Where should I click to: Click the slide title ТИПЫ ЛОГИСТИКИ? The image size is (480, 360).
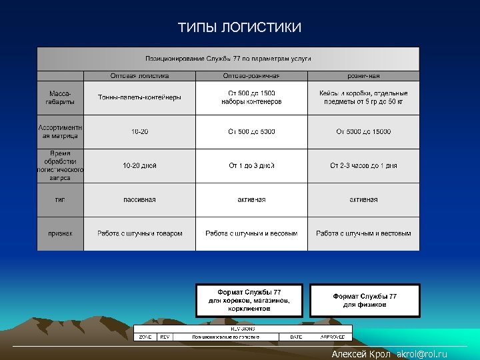(239, 27)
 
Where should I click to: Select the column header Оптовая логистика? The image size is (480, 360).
(139, 76)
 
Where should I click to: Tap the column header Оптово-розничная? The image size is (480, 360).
(251, 76)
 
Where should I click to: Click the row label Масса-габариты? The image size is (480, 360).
(61, 97)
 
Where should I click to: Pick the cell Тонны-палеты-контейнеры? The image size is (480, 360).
(139, 97)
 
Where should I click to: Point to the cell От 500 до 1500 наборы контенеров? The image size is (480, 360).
(251, 97)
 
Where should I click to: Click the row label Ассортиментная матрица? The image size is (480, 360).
(61, 131)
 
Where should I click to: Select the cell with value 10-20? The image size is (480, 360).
(139, 132)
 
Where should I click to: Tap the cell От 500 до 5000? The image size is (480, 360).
(251, 132)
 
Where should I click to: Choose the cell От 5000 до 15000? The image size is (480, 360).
(363, 132)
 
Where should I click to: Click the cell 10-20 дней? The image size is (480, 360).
(139, 165)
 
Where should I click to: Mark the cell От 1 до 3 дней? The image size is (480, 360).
(251, 165)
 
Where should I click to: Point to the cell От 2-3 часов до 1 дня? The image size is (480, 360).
(363, 165)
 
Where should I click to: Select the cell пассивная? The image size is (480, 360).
(139, 199)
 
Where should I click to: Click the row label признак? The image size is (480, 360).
(61, 233)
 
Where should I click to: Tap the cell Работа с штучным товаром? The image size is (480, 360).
(139, 233)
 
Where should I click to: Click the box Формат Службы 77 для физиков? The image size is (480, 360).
(365, 300)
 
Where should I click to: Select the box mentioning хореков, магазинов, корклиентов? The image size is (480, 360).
(249, 301)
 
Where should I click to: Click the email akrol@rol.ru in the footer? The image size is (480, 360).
(421, 354)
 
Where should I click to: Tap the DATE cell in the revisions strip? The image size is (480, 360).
(296, 337)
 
